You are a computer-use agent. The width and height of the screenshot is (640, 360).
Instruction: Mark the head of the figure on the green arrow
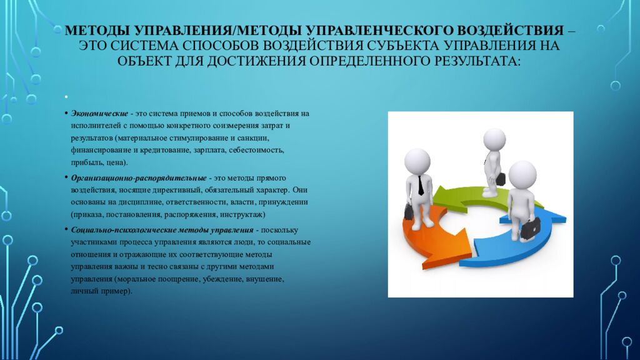click(494, 139)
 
